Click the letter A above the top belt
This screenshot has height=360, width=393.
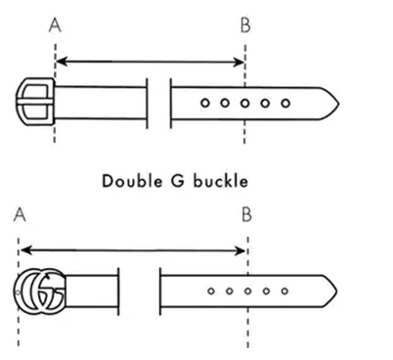(x=55, y=25)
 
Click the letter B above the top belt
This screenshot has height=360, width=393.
(x=245, y=25)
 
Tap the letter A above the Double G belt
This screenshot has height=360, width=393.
(x=20, y=214)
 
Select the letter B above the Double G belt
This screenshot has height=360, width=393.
(x=246, y=214)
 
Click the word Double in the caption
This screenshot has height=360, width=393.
(x=132, y=181)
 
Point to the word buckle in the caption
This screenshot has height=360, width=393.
(x=221, y=181)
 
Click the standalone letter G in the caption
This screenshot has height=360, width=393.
(x=178, y=181)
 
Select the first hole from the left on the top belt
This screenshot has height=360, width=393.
(x=204, y=103)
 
